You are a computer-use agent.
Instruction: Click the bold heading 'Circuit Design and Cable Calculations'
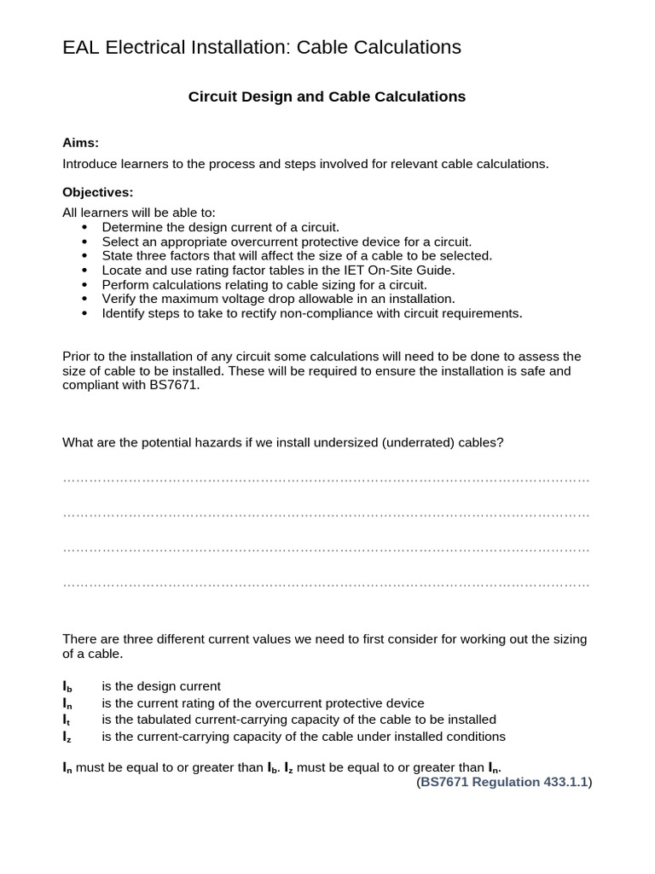tap(327, 97)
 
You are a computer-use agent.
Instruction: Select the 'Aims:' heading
tap(81, 143)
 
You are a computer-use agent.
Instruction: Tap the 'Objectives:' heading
tap(98, 192)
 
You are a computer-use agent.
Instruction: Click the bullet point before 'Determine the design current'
tap(84, 227)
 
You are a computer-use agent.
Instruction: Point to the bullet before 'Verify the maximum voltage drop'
tap(84, 299)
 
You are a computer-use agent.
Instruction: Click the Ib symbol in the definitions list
tap(67, 686)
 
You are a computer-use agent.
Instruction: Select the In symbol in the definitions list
tap(67, 703)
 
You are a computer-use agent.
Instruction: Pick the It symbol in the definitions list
tap(67, 720)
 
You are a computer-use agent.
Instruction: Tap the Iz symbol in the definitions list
tap(67, 737)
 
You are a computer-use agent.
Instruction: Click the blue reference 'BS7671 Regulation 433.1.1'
tap(504, 782)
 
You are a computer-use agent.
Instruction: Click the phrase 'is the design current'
tap(161, 686)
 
